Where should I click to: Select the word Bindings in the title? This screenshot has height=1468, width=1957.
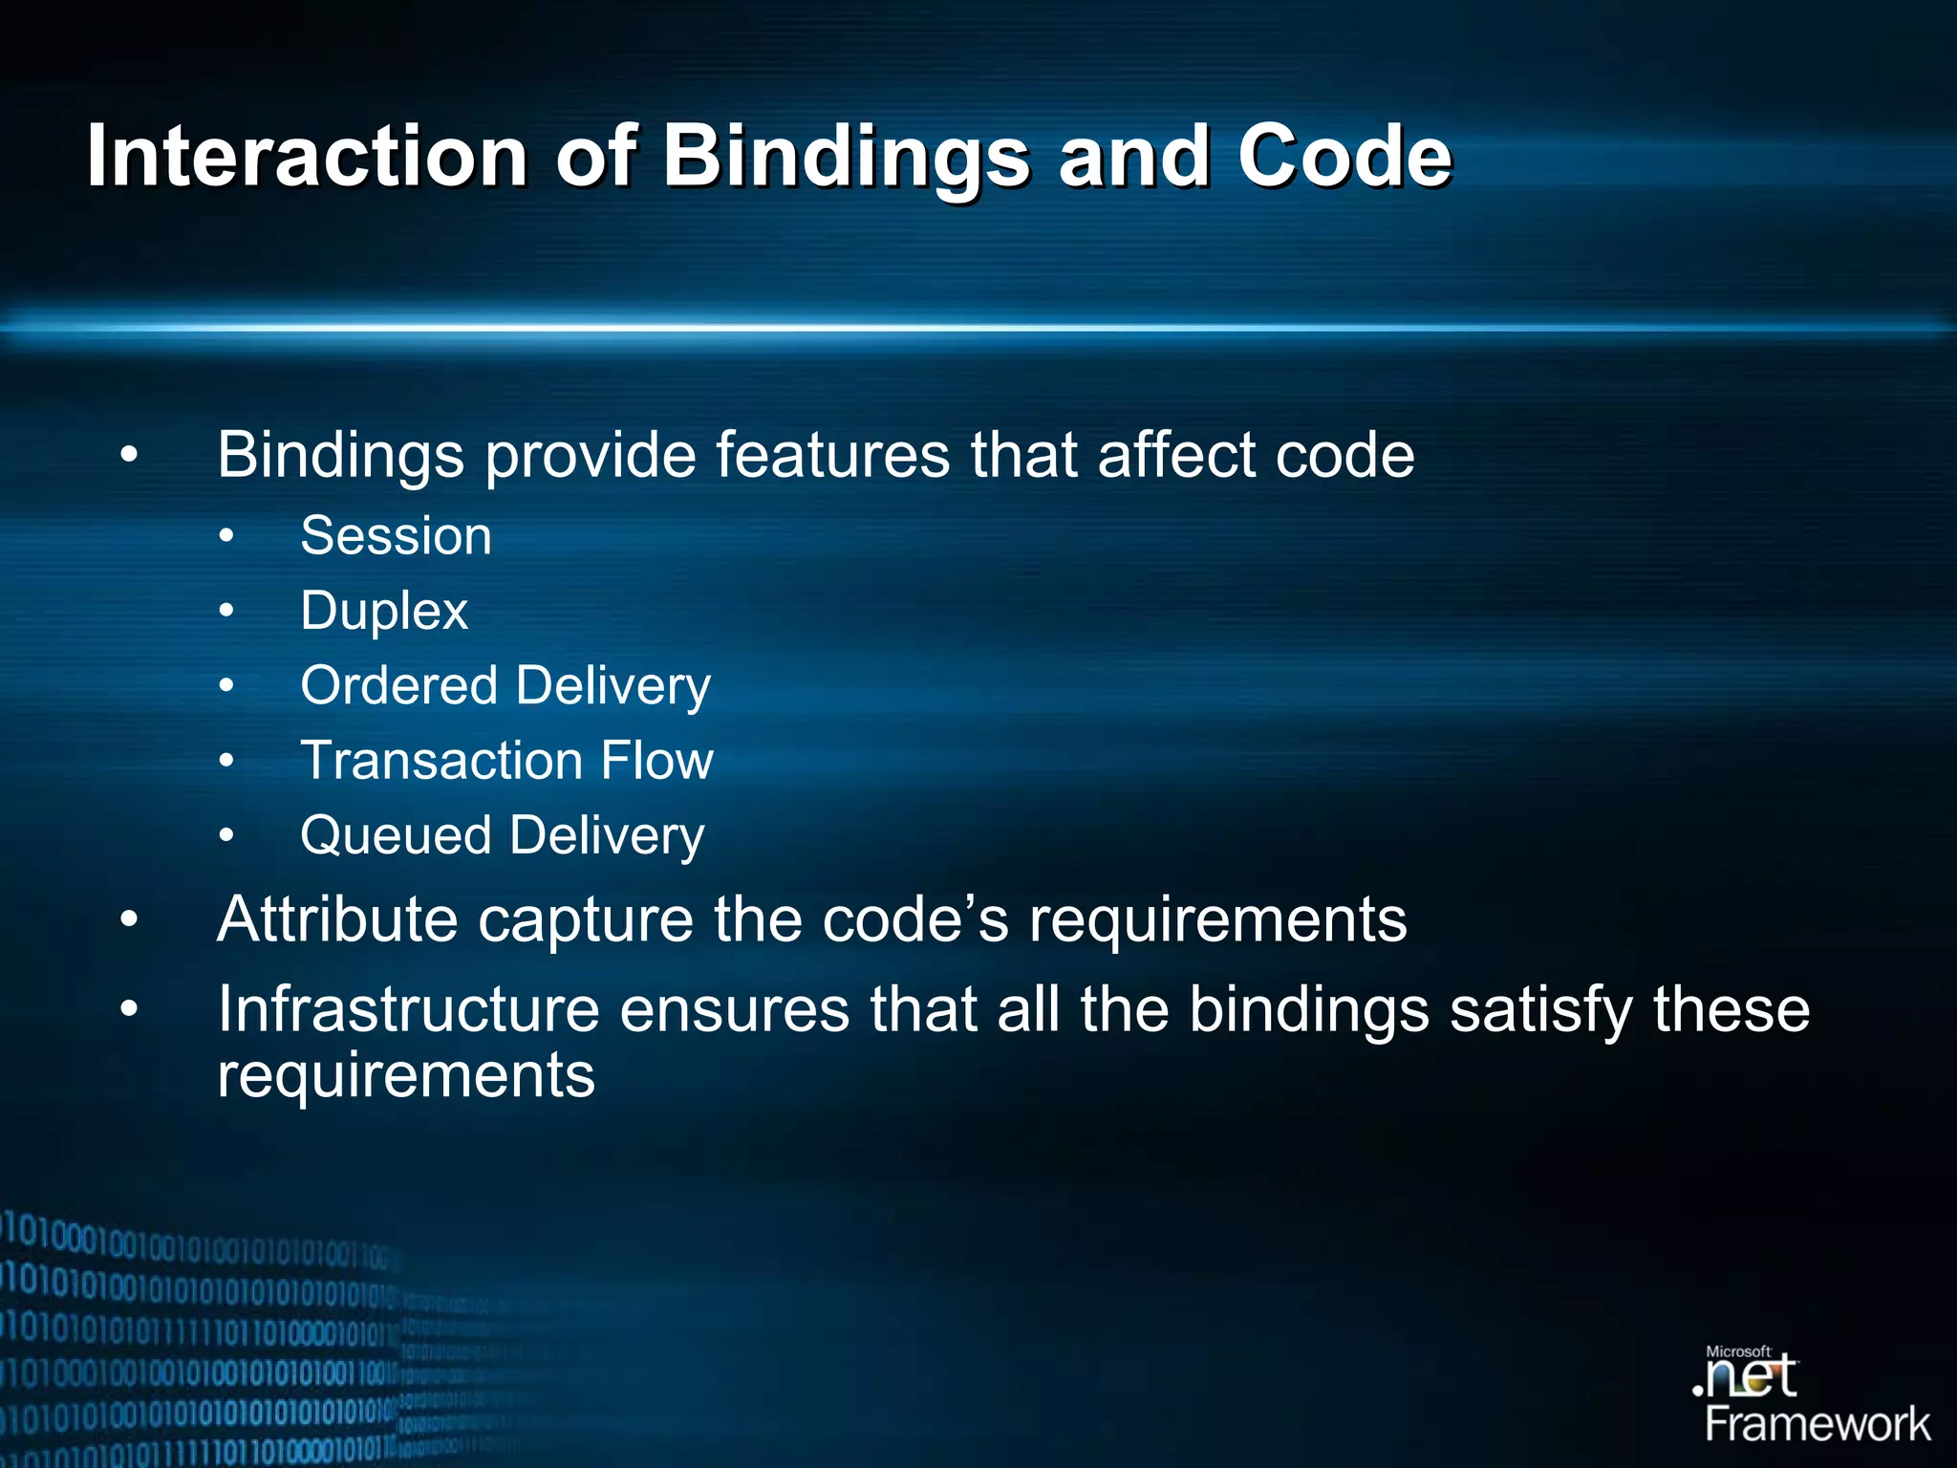coord(847,158)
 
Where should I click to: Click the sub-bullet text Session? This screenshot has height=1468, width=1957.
coord(396,535)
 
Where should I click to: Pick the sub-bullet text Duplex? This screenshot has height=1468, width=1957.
coord(383,611)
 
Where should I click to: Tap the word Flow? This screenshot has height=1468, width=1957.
coord(656,761)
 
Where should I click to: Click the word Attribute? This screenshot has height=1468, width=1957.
coord(336,919)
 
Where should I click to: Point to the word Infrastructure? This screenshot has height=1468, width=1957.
coord(408,1009)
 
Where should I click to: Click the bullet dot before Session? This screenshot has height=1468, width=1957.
coord(226,536)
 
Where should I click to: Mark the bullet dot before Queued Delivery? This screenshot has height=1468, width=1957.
coord(226,836)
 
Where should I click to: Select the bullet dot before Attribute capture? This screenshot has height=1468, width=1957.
coord(130,919)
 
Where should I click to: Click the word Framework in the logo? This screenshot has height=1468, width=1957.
coord(1817,1424)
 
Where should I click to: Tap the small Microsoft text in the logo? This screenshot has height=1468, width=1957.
coord(1738,1351)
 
